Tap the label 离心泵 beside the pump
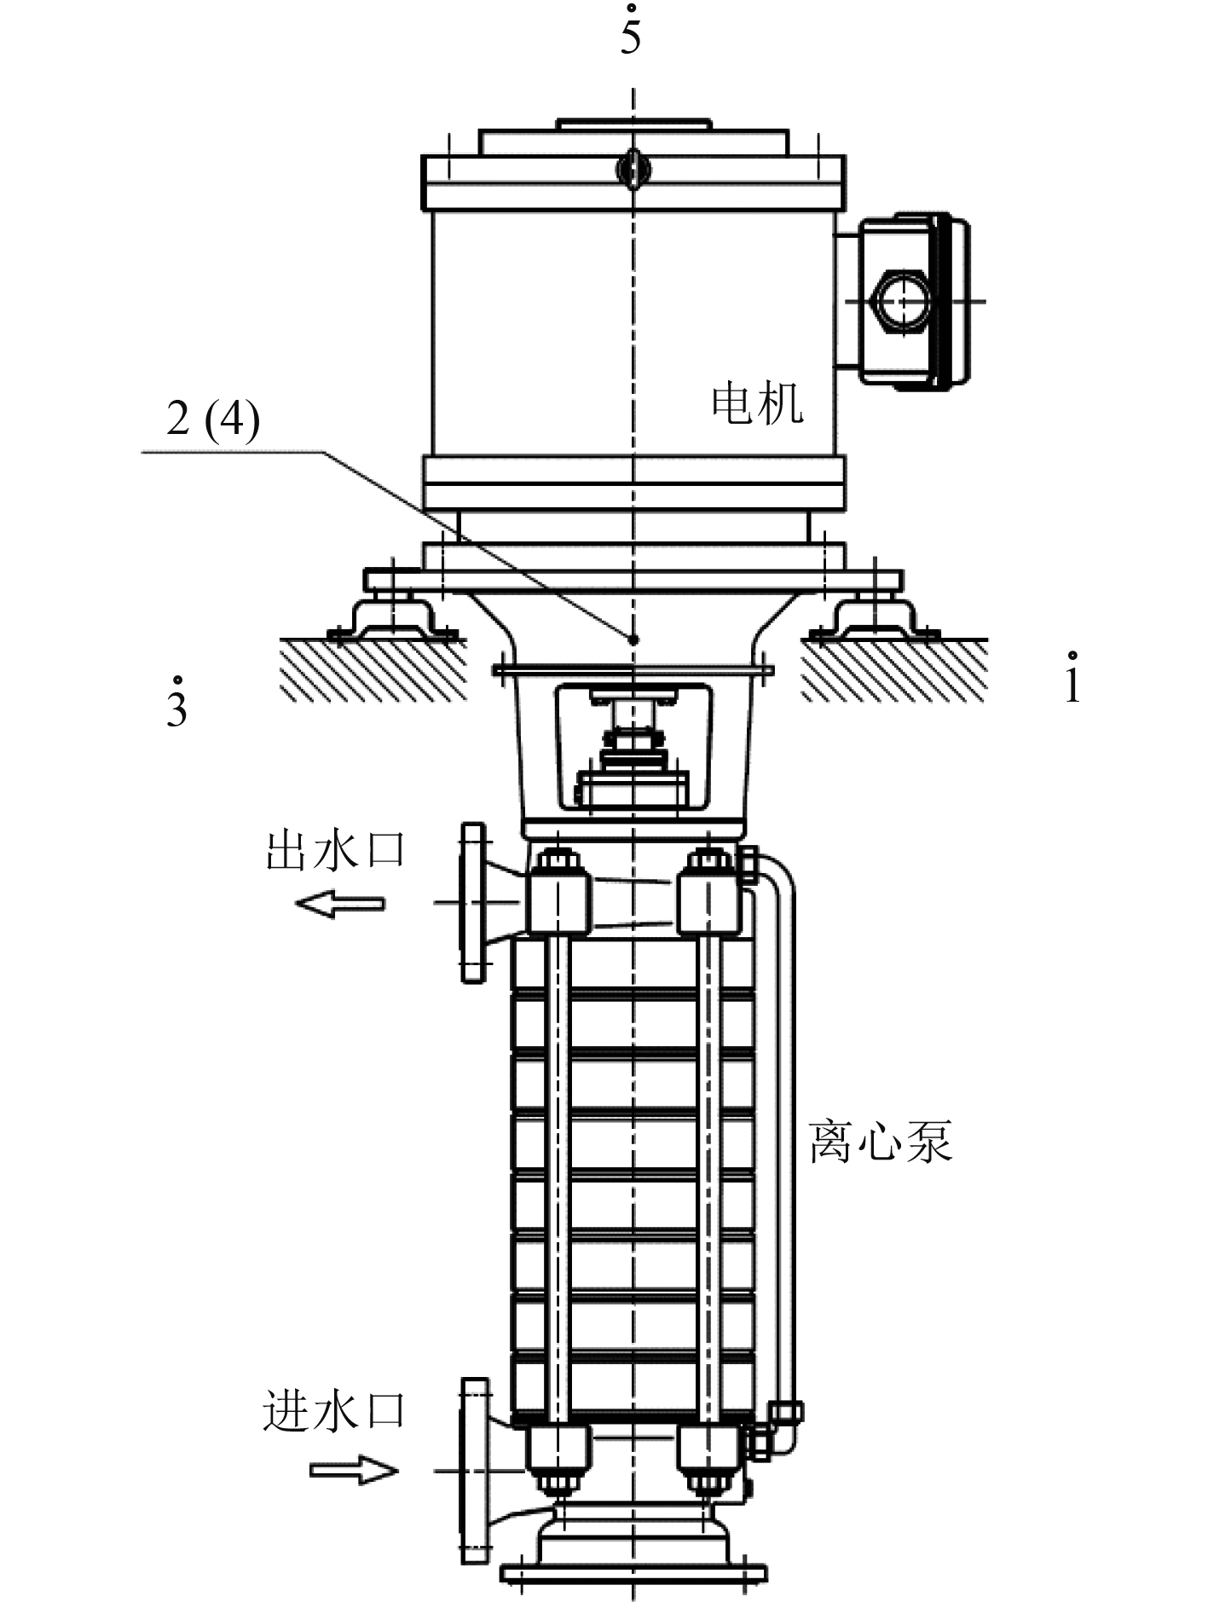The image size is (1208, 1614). [x=880, y=1141]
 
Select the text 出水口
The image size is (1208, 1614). [x=336, y=850]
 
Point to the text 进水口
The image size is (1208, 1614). [x=333, y=1410]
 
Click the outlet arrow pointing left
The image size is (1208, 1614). [x=340, y=903]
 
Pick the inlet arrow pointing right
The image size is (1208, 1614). [x=354, y=1471]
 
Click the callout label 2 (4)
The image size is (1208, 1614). [x=213, y=419]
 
